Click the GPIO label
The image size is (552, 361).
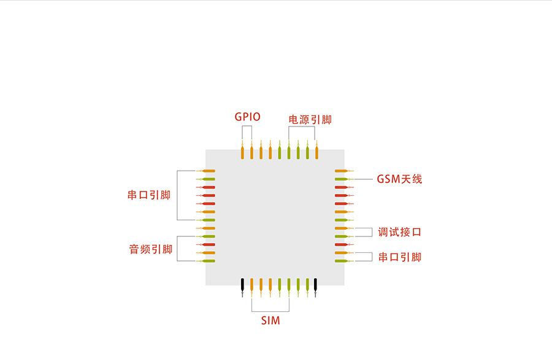point(247,117)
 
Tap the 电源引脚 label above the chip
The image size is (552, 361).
point(310,120)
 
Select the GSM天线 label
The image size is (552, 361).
point(399,179)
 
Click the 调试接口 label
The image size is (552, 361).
point(399,232)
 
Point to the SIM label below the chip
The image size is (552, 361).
point(270,320)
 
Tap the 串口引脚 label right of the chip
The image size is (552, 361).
point(399,257)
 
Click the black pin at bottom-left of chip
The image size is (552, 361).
point(243,285)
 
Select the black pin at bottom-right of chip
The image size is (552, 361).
point(315,285)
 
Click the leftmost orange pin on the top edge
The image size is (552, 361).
point(243,152)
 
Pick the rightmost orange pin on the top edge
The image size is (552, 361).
point(316,152)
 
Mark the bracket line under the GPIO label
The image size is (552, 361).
point(247,126)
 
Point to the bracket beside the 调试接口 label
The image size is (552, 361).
point(372,232)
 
